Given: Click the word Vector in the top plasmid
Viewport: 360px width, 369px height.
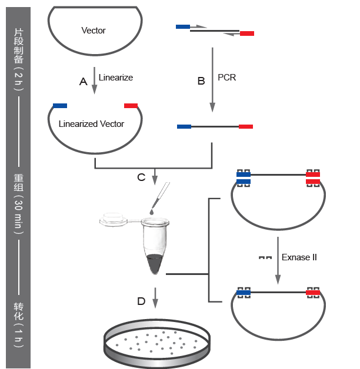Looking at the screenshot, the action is (x=94, y=31).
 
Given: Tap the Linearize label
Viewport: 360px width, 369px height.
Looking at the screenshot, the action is (x=116, y=78).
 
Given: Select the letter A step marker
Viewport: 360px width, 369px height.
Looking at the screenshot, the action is (x=83, y=82).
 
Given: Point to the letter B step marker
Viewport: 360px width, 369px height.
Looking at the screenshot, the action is (x=201, y=81).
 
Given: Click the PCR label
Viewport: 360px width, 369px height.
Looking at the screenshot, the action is (x=226, y=78).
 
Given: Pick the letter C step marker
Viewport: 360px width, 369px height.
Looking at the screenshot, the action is (x=141, y=177).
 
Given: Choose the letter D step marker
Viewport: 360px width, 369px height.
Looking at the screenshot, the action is (x=141, y=301).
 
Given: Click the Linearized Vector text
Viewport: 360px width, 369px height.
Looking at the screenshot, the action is (x=91, y=124).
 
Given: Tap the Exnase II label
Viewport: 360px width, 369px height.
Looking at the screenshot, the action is (x=299, y=257).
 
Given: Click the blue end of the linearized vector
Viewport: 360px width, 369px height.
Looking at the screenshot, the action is (x=60, y=106).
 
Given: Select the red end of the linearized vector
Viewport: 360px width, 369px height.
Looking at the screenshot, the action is (x=131, y=106).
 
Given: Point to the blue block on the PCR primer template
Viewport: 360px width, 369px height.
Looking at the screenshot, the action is (x=183, y=26).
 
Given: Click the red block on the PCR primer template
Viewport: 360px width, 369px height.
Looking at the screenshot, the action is (x=247, y=33).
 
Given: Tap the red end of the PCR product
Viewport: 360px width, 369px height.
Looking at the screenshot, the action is (x=246, y=126).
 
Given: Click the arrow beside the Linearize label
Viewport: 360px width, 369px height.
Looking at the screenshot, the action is (x=95, y=80).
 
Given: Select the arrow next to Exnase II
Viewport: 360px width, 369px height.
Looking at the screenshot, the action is (x=278, y=260).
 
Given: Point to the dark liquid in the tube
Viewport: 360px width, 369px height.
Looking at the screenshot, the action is (x=155, y=264).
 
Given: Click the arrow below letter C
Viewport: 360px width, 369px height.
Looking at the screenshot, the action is (x=155, y=177).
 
